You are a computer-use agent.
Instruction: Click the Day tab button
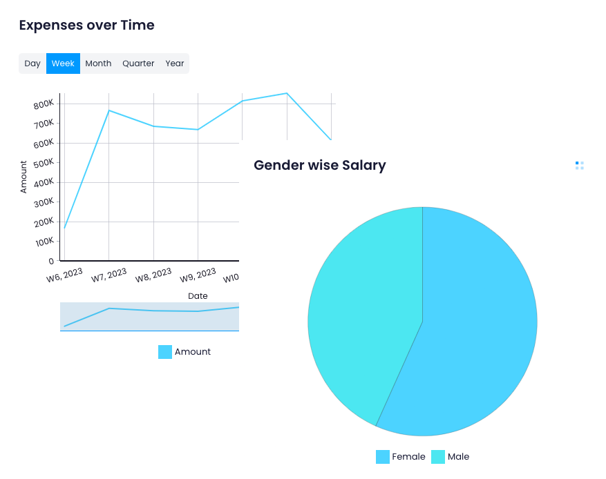[32, 63]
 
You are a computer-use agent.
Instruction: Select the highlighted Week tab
[63, 63]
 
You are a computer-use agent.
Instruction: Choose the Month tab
[98, 63]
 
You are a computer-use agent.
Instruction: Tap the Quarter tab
[138, 63]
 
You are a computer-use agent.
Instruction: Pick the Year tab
[175, 63]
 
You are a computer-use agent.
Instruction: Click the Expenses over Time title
[86, 26]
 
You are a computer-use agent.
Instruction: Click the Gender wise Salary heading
[319, 166]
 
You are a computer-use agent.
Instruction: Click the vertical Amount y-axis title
[23, 177]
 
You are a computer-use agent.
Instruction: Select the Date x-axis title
[198, 296]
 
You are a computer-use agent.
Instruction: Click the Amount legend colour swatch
[165, 352]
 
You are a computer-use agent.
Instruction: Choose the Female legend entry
[401, 457]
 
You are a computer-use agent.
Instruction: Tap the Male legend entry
[451, 457]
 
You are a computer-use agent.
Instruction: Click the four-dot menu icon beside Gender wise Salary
[579, 166]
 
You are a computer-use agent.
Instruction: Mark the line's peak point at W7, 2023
[109, 110]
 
